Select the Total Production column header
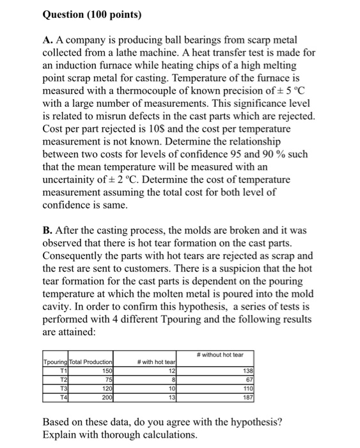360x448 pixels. point(91,363)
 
